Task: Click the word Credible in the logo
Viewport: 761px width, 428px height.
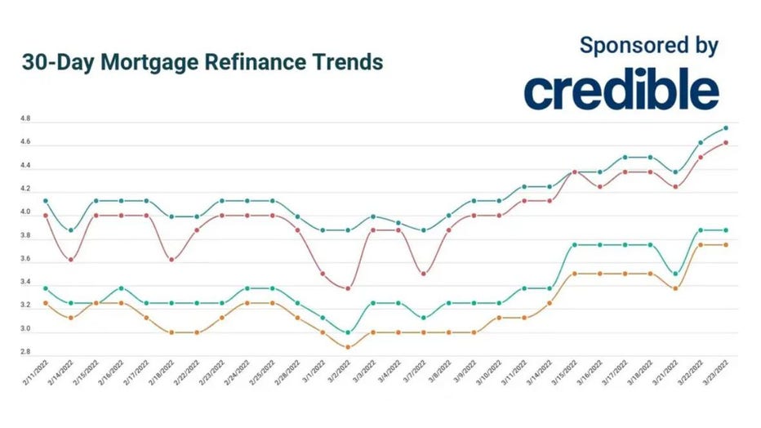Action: click(621, 91)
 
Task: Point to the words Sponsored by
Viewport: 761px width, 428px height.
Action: click(649, 45)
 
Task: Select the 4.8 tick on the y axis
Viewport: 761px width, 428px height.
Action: click(25, 119)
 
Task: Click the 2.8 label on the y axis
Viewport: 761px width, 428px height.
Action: click(25, 352)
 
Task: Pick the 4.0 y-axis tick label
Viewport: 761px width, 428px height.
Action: click(25, 212)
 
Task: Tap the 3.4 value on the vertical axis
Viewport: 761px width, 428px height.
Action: click(25, 283)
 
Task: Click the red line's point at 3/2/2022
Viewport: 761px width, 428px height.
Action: click(349, 288)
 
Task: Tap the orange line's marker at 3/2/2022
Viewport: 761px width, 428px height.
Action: click(349, 347)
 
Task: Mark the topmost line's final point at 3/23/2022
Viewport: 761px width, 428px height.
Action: click(726, 127)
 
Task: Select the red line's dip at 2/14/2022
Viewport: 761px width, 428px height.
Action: click(70, 260)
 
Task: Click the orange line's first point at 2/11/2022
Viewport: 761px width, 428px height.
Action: click(45, 303)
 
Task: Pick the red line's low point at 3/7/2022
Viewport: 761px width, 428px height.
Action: click(424, 274)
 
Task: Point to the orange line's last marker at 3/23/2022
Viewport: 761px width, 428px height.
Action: click(726, 245)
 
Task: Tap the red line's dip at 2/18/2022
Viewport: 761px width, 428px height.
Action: click(171, 260)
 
